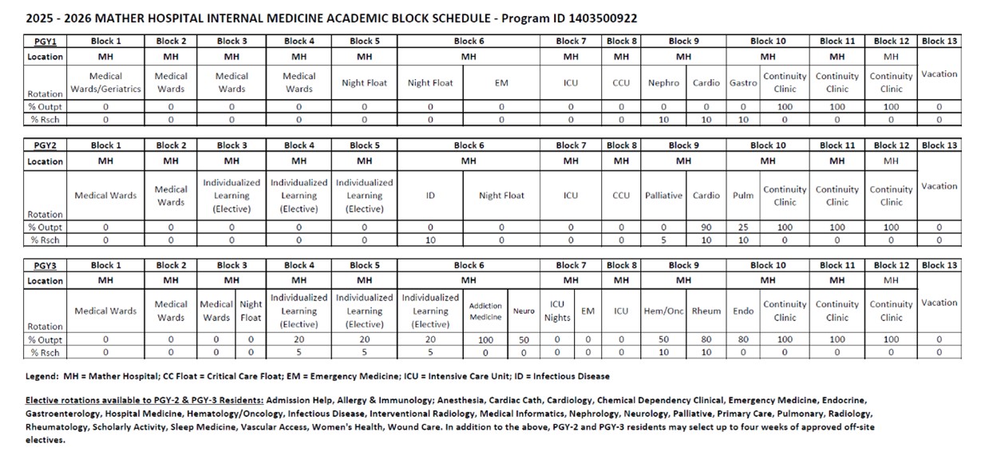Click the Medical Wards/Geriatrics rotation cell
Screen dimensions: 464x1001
click(x=105, y=82)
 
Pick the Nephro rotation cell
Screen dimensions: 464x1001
click(x=663, y=82)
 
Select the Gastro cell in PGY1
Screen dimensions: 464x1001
click(x=743, y=82)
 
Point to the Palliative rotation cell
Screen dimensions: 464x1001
click(x=663, y=196)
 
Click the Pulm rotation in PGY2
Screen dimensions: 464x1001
click(x=743, y=196)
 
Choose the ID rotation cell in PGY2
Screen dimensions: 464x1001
click(x=429, y=196)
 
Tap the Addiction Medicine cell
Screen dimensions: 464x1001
click(x=485, y=311)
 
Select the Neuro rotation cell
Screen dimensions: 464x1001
click(x=524, y=311)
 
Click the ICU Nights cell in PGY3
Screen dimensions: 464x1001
click(x=557, y=311)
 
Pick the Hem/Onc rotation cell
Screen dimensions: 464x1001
click(x=664, y=311)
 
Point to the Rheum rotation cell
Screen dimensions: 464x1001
click(x=706, y=311)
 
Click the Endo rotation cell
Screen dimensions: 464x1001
click(x=743, y=311)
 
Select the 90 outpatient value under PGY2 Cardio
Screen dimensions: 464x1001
click(x=706, y=228)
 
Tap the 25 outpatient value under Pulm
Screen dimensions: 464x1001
click(x=743, y=228)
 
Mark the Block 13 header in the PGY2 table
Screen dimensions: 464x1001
click(x=939, y=145)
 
